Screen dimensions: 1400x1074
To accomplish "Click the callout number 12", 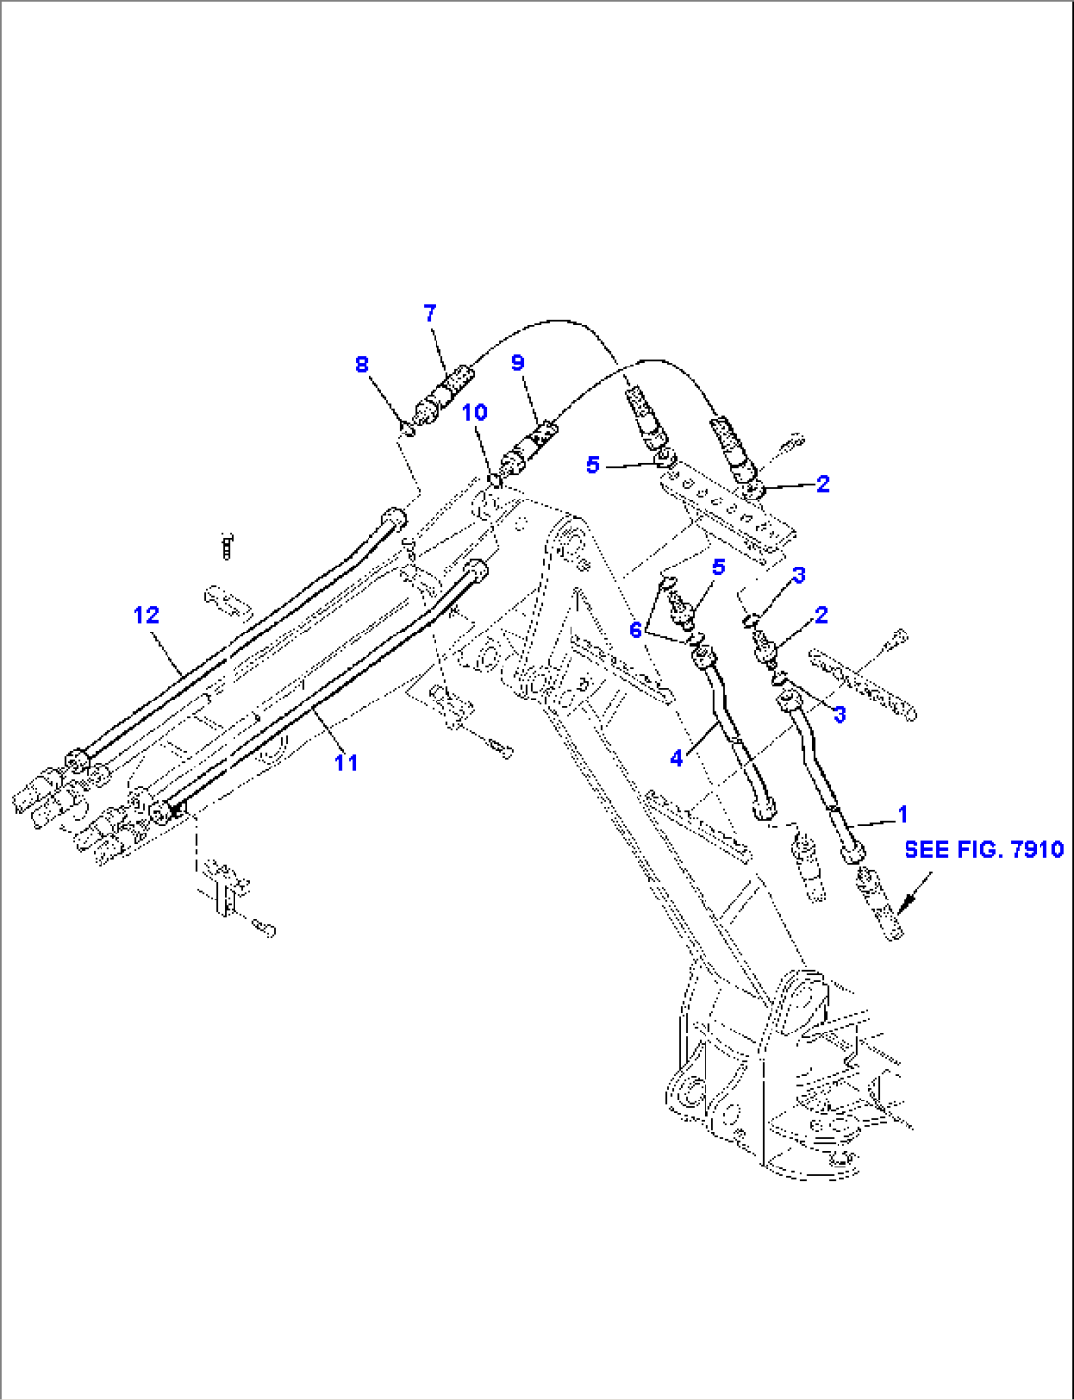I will pyautogui.click(x=146, y=615).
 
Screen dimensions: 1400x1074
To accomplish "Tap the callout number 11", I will pyautogui.click(x=345, y=762).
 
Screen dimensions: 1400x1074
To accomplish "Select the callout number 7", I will pyautogui.click(x=429, y=313).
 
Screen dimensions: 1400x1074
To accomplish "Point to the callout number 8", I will pyautogui.click(x=362, y=365).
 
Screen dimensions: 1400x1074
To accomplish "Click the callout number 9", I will pyautogui.click(x=518, y=363).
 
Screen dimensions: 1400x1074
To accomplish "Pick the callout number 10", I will pyautogui.click(x=475, y=412).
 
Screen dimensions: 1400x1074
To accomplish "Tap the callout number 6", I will pyautogui.click(x=636, y=630).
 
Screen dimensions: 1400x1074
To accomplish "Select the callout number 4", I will pyautogui.click(x=676, y=758).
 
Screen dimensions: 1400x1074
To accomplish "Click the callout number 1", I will pyautogui.click(x=902, y=814).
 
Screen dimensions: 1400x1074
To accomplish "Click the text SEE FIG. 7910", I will pyautogui.click(x=983, y=849).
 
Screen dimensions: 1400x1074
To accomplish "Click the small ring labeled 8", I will pyautogui.click(x=407, y=428).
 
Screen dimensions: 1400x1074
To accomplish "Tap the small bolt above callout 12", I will pyautogui.click(x=228, y=545).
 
